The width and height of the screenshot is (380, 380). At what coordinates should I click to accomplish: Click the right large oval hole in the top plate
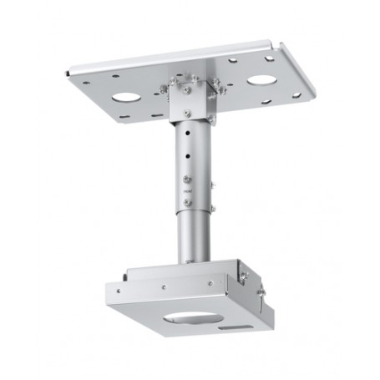261,81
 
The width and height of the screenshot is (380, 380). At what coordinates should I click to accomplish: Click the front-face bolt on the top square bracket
187,89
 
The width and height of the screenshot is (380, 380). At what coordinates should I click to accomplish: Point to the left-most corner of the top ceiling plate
66,75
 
